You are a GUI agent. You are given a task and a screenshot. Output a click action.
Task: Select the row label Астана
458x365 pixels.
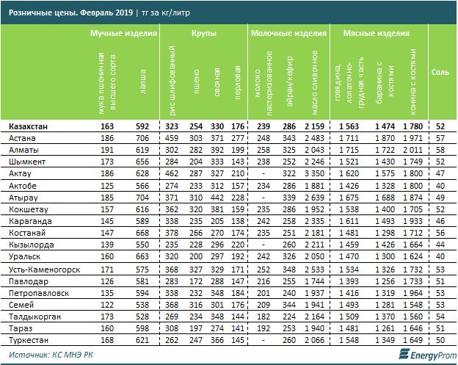tap(23, 137)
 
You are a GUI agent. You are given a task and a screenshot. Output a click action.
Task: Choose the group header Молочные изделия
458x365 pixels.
tap(288, 35)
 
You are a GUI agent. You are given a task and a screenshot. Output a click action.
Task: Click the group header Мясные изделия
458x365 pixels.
tap(382, 35)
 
